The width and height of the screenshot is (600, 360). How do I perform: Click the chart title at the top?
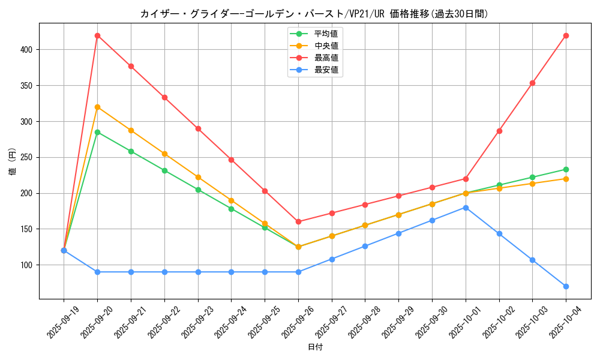point(314,14)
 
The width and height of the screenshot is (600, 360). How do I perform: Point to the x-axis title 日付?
point(315,347)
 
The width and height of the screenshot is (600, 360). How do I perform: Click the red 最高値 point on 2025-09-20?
point(97,35)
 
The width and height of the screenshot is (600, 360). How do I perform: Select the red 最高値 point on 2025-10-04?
point(566,35)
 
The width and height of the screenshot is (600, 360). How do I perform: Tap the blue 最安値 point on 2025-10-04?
point(566,286)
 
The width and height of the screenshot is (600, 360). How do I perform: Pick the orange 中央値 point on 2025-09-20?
point(97,107)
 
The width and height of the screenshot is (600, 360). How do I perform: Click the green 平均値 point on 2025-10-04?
point(566,169)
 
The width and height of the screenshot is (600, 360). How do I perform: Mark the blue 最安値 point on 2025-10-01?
point(466,208)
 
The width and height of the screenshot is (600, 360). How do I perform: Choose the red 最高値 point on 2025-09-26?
point(298,221)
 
